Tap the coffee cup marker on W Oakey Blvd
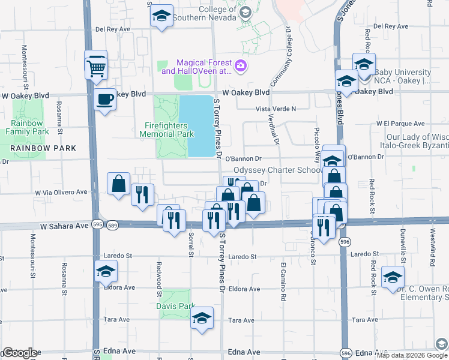pos(106,99)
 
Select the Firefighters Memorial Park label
pos(169,130)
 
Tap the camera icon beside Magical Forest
pos(240,66)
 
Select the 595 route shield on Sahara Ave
pos(97,224)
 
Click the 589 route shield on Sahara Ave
pos(113,224)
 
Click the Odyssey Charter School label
pos(278,170)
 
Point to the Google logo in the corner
pos(20,353)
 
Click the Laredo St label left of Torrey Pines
pos(118,256)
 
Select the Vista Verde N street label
pos(277,109)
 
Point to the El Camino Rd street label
pos(282,280)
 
